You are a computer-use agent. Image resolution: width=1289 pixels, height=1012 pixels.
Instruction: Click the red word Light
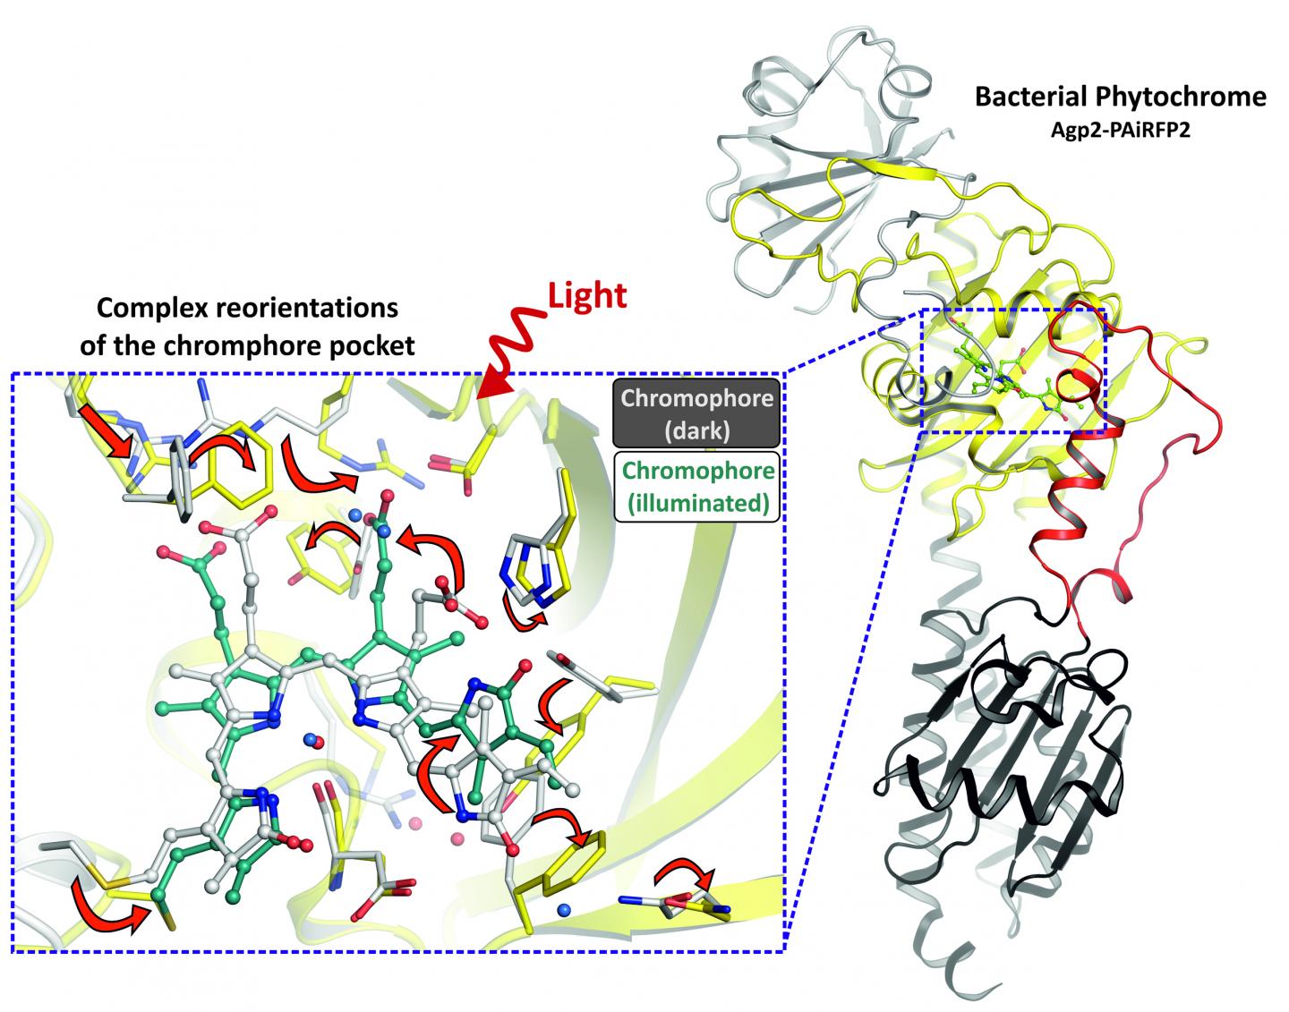[x=587, y=296]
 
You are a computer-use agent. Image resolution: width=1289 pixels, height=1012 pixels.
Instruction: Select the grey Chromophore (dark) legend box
[x=696, y=412]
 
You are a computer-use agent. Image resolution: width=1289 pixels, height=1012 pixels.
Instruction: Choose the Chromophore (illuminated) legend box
[x=697, y=487]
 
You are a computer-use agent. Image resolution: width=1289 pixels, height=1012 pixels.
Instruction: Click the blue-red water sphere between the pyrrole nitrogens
[x=311, y=739]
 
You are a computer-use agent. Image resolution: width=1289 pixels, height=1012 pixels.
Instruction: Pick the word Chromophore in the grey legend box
[x=697, y=398]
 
